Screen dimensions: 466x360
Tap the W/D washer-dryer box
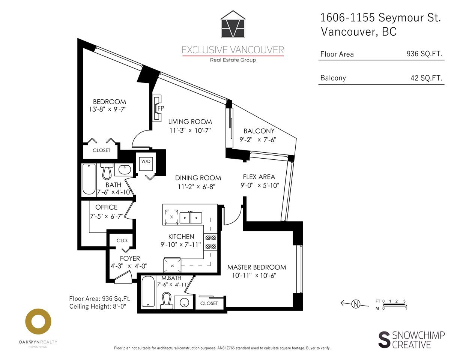[146, 164]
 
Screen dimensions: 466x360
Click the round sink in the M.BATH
[184, 303]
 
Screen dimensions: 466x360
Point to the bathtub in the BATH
[89, 179]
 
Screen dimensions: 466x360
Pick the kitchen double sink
[191, 218]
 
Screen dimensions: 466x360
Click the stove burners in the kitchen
[210, 242]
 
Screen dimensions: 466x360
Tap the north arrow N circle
[356, 304]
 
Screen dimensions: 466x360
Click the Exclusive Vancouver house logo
[233, 24]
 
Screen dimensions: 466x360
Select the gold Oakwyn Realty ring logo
[38, 322]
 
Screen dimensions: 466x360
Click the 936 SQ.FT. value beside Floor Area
[424, 54]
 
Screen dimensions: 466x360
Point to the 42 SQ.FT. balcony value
[426, 78]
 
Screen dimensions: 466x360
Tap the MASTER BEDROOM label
[257, 267]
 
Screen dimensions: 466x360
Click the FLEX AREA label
[259, 177]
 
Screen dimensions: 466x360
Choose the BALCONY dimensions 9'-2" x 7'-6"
[258, 140]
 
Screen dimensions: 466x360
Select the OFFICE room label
[106, 207]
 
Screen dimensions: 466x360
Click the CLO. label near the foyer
[122, 241]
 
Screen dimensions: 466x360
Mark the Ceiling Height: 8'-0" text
[98, 306]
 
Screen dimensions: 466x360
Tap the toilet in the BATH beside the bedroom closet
[107, 171]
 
